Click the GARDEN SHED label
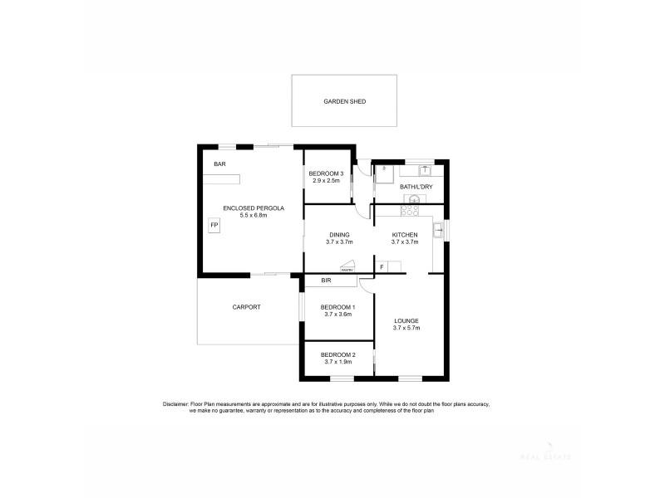pos(345,102)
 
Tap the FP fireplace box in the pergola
pos(214,226)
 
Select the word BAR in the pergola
pos(219,164)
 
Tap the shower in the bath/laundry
pos(385,174)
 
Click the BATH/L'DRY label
pos(415,187)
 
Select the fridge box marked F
pos(382,266)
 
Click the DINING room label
pos(338,235)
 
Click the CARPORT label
pos(246,307)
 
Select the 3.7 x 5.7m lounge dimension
pos(406,329)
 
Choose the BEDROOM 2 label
pos(337,354)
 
